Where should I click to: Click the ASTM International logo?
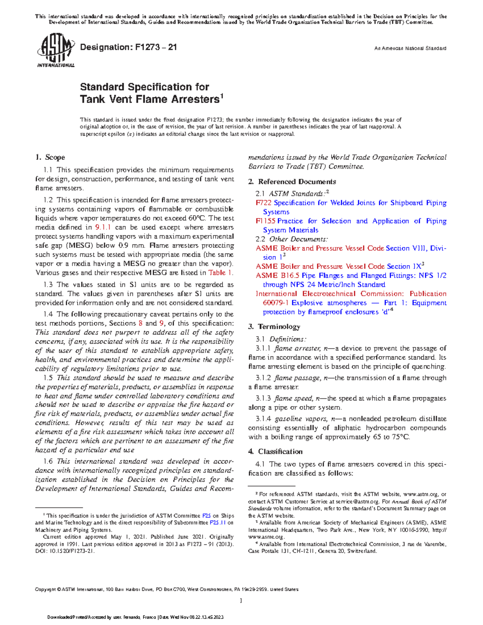click(x=56, y=50)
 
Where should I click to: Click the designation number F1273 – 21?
click(x=128, y=47)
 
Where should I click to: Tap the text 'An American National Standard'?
click(x=410, y=48)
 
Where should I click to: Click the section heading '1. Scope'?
click(x=50, y=157)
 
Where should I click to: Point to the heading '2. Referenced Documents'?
click(x=292, y=182)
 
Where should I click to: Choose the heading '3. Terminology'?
click(x=274, y=326)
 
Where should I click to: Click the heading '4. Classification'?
click(x=275, y=452)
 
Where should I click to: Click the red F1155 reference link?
click(x=266, y=221)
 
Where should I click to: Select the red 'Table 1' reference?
click(x=220, y=273)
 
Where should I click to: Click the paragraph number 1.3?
click(x=48, y=285)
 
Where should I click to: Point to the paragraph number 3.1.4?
click(x=263, y=419)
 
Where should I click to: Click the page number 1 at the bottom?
click(x=241, y=601)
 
